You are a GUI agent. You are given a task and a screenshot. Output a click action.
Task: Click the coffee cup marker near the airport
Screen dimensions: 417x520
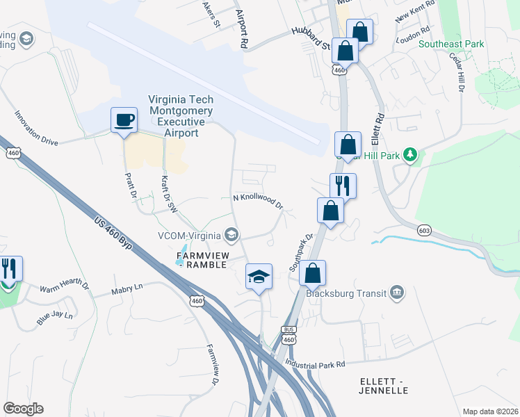click(x=124, y=120)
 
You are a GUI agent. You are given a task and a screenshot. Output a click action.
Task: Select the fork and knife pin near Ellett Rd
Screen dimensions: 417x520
click(x=343, y=186)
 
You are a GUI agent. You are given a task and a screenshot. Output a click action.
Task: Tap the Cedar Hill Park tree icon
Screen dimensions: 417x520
click(x=410, y=154)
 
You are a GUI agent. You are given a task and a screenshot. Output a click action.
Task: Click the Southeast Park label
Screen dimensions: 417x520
click(x=450, y=44)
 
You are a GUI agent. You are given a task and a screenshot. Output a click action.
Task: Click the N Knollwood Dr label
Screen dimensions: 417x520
click(x=257, y=200)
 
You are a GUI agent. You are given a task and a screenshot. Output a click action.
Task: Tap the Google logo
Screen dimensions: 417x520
click(x=23, y=409)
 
